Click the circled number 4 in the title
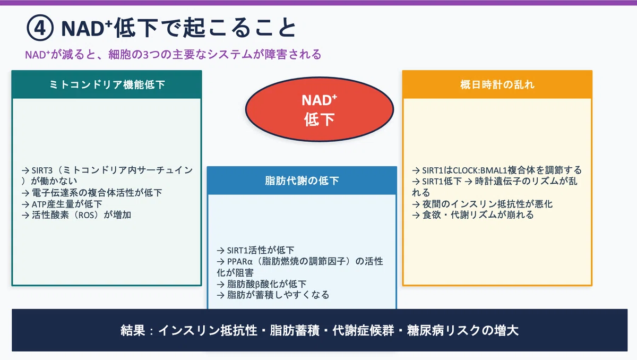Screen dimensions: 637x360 click(x=40, y=28)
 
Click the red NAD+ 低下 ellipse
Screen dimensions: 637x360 click(x=320, y=109)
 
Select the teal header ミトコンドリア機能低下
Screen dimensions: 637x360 click(x=107, y=84)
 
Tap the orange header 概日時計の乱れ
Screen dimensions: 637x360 click(x=497, y=84)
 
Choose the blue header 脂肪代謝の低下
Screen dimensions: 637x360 click(x=302, y=181)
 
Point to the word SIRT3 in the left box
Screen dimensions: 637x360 click(x=42, y=170)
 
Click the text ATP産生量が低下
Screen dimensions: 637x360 click(x=67, y=204)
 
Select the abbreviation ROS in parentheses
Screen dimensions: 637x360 click(x=86, y=215)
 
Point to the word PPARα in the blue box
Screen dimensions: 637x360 click(x=240, y=262)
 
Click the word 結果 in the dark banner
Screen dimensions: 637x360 click(x=133, y=330)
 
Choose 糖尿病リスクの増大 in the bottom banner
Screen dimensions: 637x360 click(x=463, y=330)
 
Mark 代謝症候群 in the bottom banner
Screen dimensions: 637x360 click(x=363, y=330)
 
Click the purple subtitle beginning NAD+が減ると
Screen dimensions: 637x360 click(x=173, y=54)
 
